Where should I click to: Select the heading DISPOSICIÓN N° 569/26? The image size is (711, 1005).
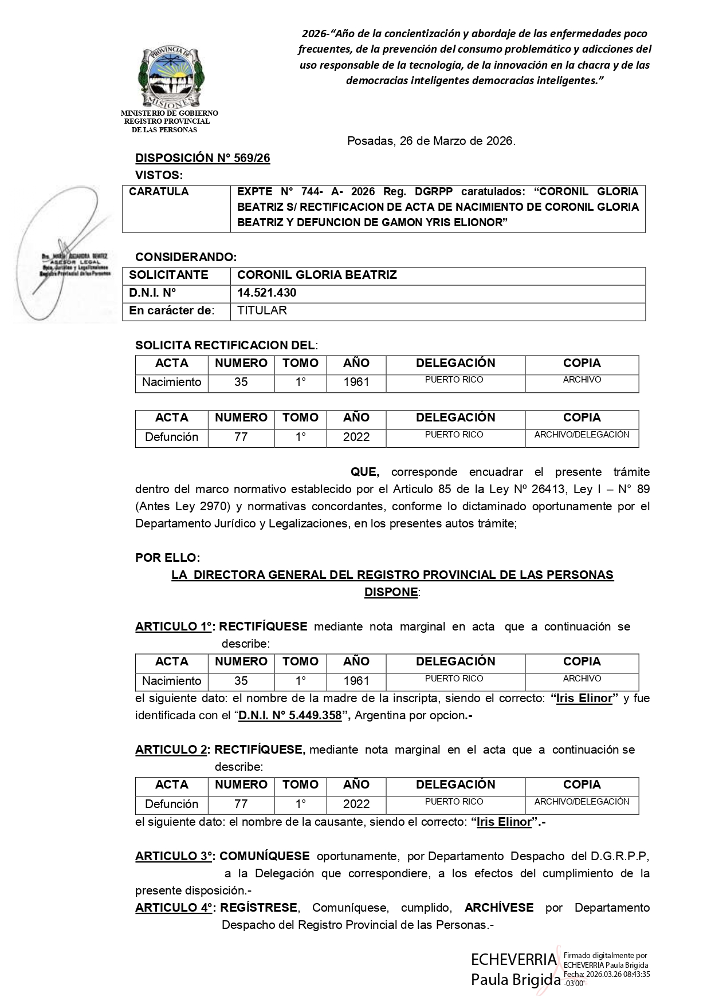202,159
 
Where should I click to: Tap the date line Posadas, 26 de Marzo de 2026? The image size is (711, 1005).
431,141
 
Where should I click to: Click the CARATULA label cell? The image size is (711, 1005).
159,192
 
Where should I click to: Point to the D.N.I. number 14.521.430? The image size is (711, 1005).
267,293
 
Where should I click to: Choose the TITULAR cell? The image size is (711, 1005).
262,310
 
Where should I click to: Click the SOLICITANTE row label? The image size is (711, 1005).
168,275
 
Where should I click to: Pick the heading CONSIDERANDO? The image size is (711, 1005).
186,257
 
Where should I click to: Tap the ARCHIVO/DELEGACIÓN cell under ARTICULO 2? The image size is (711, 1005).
582,802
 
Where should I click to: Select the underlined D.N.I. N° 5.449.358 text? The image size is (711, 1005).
290,715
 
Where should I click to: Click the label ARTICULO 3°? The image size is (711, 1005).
174,856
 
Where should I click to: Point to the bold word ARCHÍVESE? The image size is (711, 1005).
498,908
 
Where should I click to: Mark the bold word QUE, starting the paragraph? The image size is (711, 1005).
365,472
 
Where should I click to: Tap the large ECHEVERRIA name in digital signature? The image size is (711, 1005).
513,959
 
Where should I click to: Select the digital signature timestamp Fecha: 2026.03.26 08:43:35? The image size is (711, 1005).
607,974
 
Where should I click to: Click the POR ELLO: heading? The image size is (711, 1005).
168,557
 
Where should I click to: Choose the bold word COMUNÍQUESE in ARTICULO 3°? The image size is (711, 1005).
264,856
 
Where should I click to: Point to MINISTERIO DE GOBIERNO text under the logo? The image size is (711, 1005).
169,113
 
